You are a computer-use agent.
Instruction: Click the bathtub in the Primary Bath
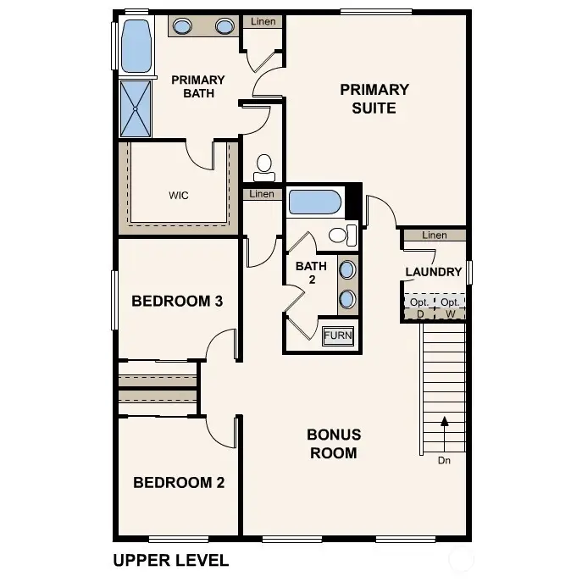pos(136,47)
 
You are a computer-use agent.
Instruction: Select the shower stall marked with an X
pos(136,108)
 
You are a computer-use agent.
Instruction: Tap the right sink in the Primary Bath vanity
pos(224,26)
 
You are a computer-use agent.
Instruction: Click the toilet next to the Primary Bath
pos(264,164)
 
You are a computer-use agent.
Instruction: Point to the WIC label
pos(178,196)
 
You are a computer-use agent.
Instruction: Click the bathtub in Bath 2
pos(314,202)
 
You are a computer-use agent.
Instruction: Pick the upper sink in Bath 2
pos(348,270)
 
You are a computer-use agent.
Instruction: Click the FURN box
pos(338,335)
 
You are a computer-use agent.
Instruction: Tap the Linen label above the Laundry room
pos(434,235)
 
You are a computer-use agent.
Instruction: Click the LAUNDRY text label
pos(434,272)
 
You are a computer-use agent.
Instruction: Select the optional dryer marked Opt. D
pos(419,308)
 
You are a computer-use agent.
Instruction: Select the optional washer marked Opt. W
pos(450,308)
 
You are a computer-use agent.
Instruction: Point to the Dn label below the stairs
pos(444,462)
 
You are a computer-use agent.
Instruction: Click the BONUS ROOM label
pos(333,443)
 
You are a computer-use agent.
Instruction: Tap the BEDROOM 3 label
pos(177,301)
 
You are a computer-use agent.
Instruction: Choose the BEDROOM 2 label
pos(179,483)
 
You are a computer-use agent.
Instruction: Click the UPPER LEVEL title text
pos(170,560)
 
